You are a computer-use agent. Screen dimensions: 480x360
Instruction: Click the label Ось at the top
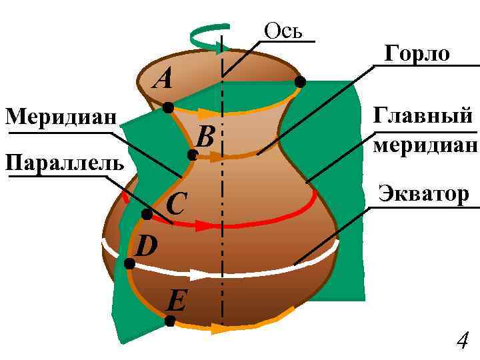[283, 31]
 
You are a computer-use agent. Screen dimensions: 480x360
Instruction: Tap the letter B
[205, 137]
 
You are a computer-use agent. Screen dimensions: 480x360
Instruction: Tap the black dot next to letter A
[168, 107]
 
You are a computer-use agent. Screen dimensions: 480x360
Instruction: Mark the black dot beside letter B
[192, 155]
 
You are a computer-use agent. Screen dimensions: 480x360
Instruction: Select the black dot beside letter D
[129, 264]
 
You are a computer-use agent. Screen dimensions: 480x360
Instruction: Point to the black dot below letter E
[169, 321]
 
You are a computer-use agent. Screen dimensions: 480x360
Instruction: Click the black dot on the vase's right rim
[300, 82]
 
